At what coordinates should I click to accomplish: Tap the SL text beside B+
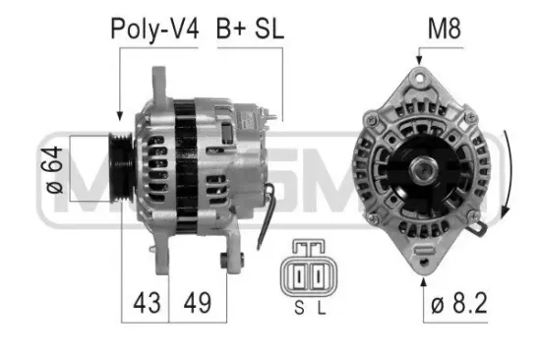tap(268, 29)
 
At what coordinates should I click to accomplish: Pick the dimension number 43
tap(146, 301)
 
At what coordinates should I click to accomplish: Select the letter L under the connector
tap(322, 309)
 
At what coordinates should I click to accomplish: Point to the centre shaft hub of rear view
tap(427, 170)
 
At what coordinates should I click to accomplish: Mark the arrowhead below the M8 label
tap(419, 62)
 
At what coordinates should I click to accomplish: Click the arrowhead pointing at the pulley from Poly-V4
tap(118, 117)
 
